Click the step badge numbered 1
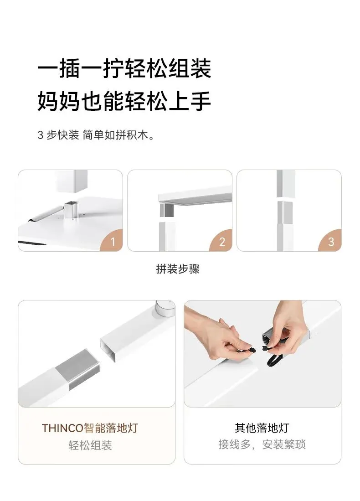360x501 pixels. tap(113, 241)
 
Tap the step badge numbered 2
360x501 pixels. tap(222, 241)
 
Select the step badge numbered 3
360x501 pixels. tap(331, 241)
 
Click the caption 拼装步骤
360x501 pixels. tap(178, 269)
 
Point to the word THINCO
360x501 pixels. tap(62, 428)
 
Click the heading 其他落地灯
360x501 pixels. tap(262, 428)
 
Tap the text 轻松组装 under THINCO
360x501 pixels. tap(90, 445)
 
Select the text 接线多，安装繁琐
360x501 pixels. tap(262, 444)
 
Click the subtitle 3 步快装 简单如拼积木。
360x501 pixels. tap(96, 135)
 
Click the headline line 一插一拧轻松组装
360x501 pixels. tap(124, 68)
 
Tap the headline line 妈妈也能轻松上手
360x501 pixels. tap(124, 101)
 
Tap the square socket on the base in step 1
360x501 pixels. tap(71, 209)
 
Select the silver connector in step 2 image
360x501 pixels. tap(166, 210)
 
